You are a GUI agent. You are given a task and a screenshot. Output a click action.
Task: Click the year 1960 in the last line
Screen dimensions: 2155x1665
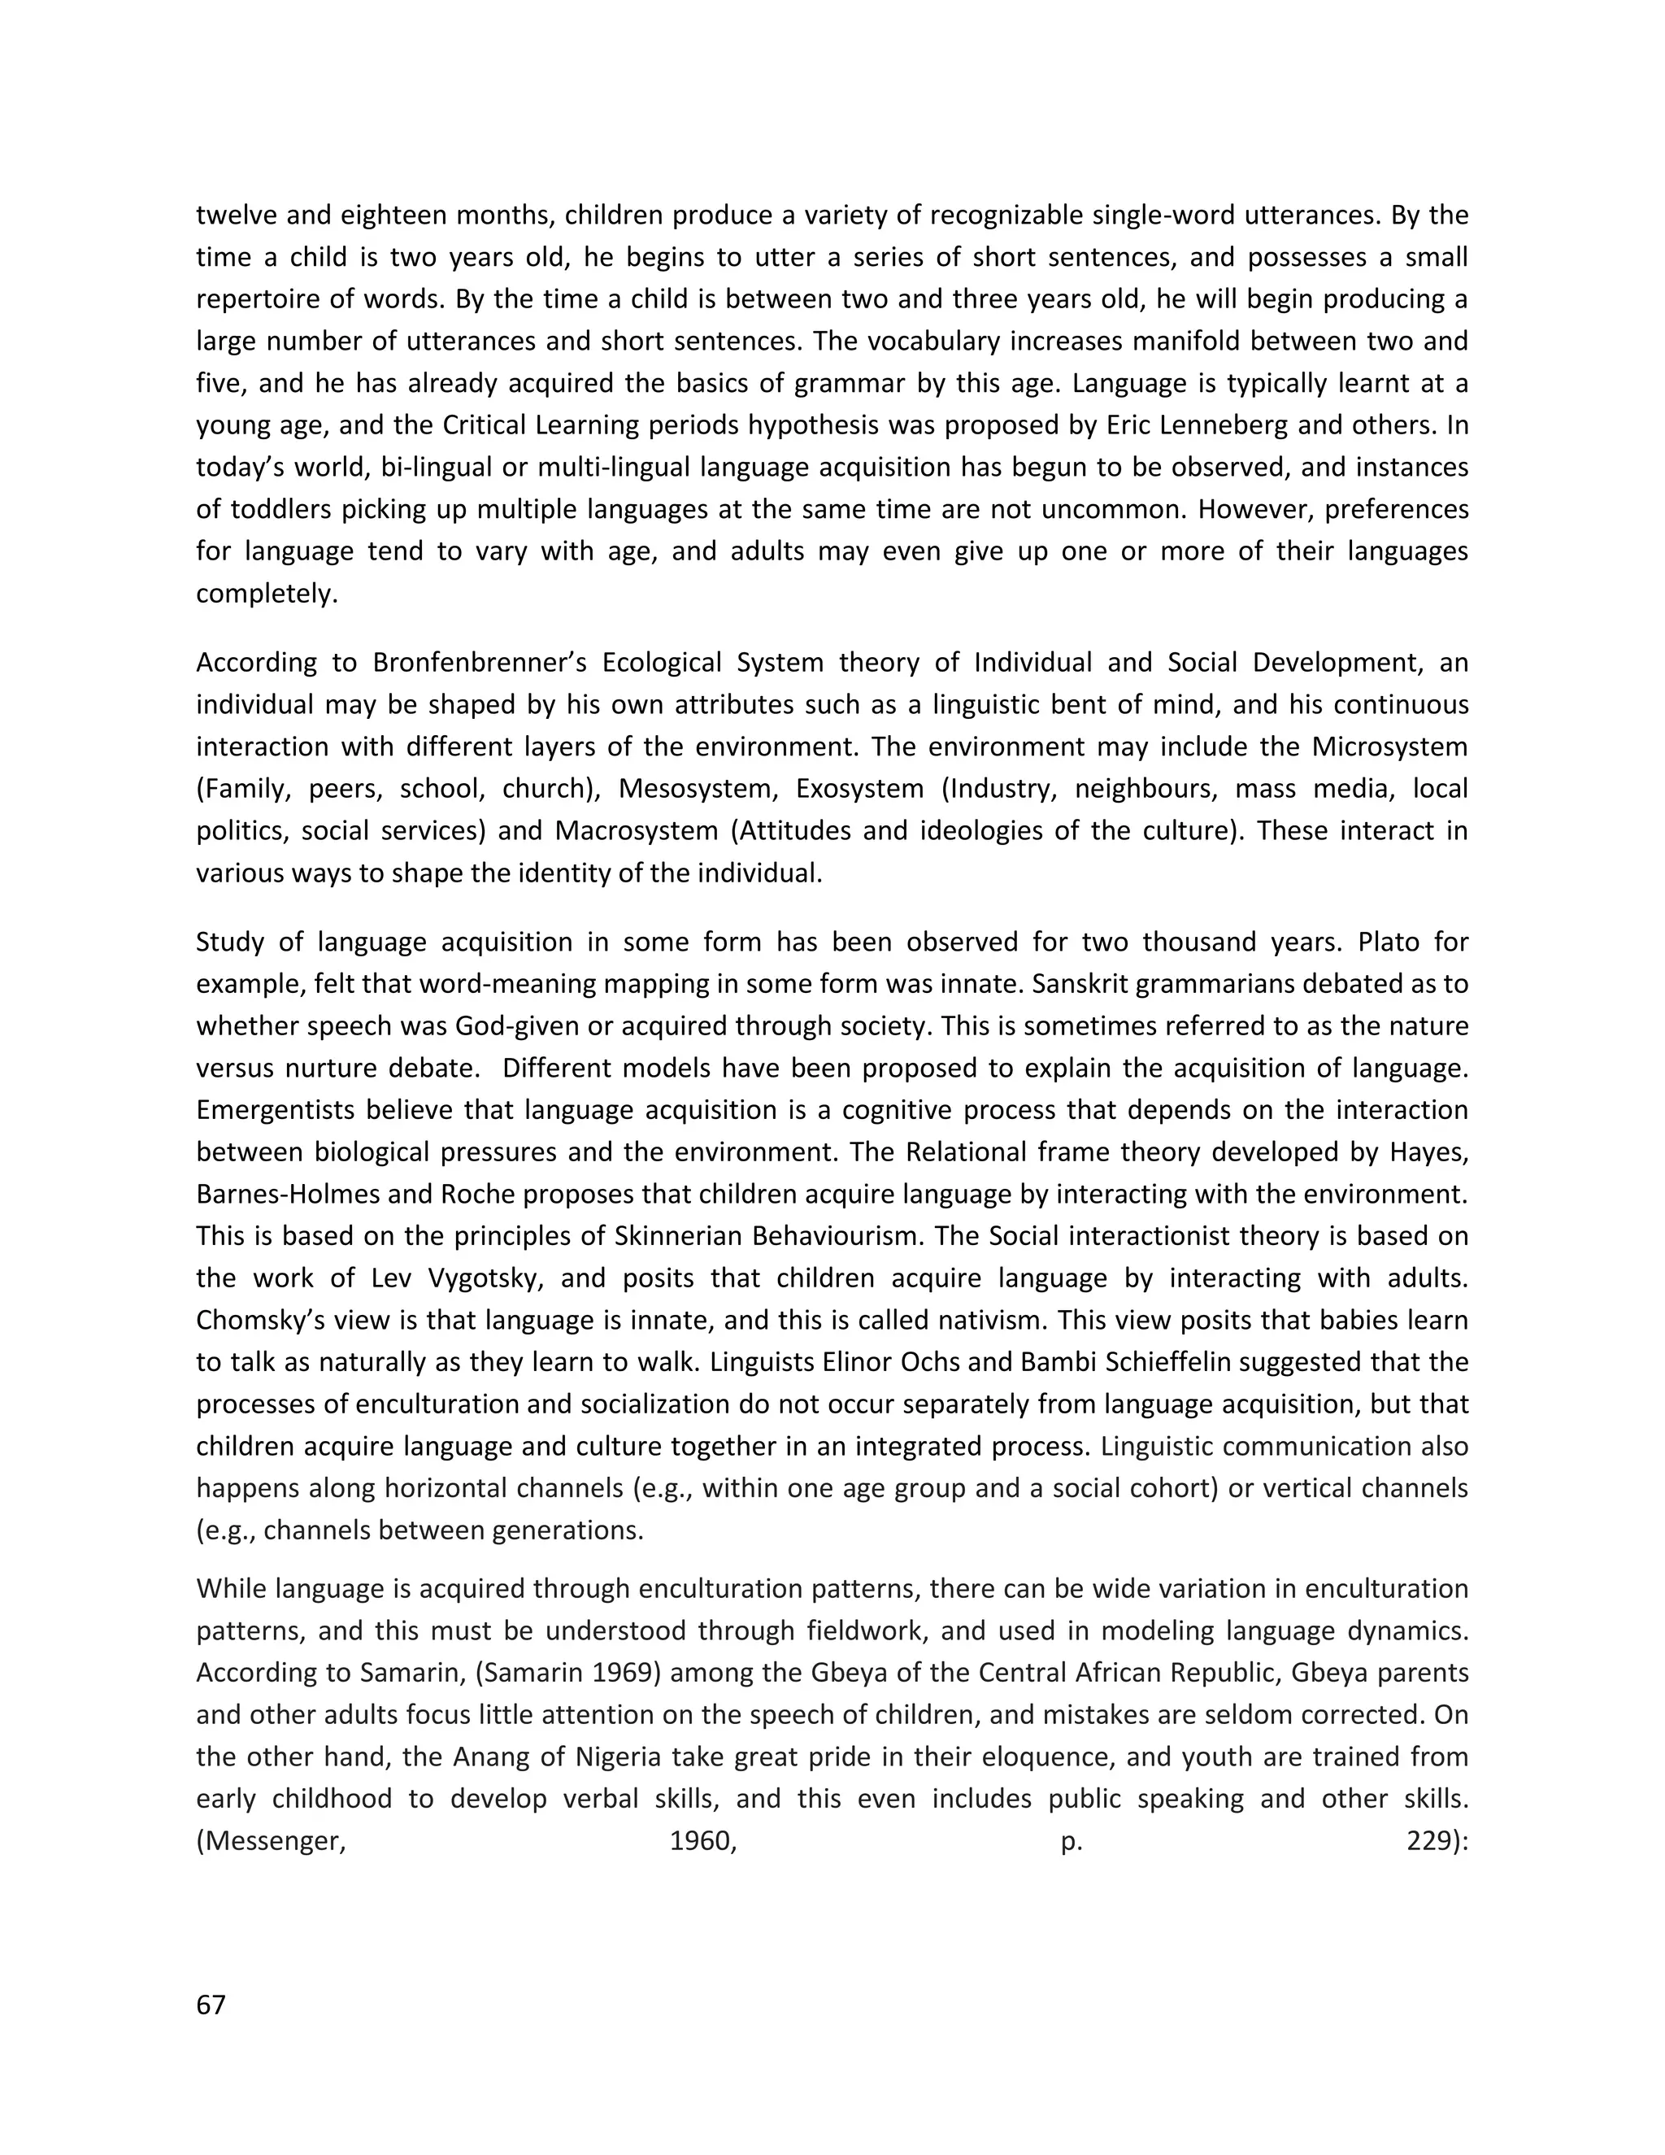pyautogui.click(x=702, y=1841)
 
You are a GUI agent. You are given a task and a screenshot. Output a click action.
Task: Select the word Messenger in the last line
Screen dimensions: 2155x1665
pyautogui.click(x=273, y=1841)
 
